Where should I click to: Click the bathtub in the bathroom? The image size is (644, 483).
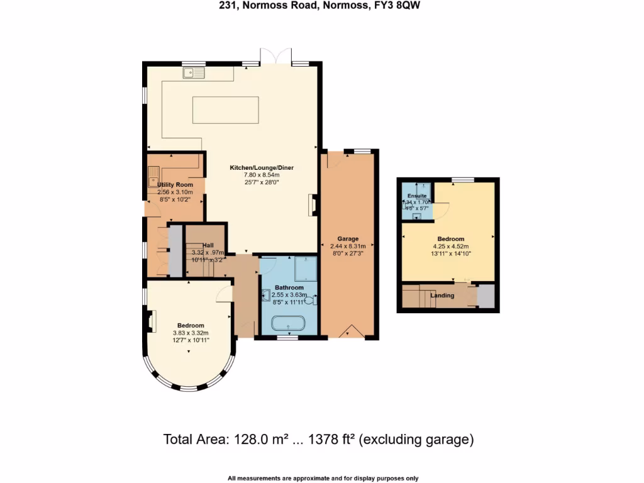click(x=288, y=325)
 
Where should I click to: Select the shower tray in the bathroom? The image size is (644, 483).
click(x=305, y=269)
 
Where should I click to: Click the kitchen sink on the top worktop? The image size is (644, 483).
click(x=194, y=73)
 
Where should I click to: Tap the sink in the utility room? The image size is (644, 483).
click(x=153, y=176)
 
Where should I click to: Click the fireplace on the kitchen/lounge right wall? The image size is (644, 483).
click(x=312, y=205)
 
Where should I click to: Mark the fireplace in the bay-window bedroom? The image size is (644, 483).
click(x=151, y=321)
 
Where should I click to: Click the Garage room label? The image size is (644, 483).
click(x=348, y=239)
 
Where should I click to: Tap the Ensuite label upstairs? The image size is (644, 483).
click(x=416, y=196)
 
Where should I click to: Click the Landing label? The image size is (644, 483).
click(x=442, y=296)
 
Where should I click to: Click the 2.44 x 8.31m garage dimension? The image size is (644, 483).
click(x=348, y=247)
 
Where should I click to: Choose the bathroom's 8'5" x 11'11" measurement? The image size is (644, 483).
click(x=289, y=302)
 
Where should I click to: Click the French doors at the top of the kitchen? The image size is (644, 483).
click(x=277, y=57)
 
